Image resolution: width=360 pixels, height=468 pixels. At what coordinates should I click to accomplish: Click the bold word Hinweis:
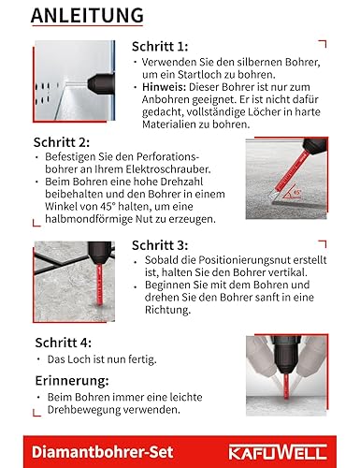coord(157,92)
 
